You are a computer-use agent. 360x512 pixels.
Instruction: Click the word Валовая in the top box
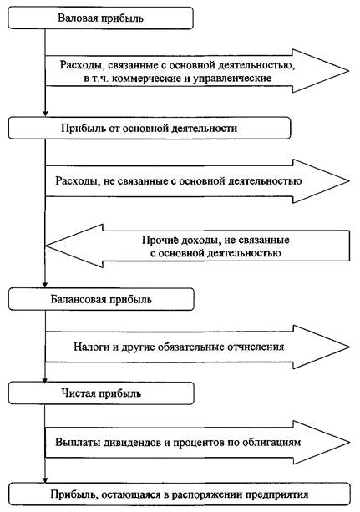click(77, 18)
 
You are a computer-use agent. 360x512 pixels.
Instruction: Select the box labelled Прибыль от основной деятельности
click(150, 128)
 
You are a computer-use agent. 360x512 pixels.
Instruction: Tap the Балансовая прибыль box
click(101, 299)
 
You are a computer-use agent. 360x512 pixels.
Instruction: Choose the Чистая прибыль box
click(101, 393)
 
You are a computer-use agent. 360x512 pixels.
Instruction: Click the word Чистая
click(79, 393)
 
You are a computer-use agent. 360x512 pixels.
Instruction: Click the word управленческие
click(232, 79)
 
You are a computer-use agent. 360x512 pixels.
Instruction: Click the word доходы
click(200, 241)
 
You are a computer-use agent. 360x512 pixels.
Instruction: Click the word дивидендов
click(134, 443)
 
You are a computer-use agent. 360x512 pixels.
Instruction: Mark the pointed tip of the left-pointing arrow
click(46, 246)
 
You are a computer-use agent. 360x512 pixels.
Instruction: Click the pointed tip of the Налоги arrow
click(349, 347)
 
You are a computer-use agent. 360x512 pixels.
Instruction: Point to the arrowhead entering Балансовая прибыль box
click(45, 286)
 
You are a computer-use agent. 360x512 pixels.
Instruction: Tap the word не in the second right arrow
click(109, 181)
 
